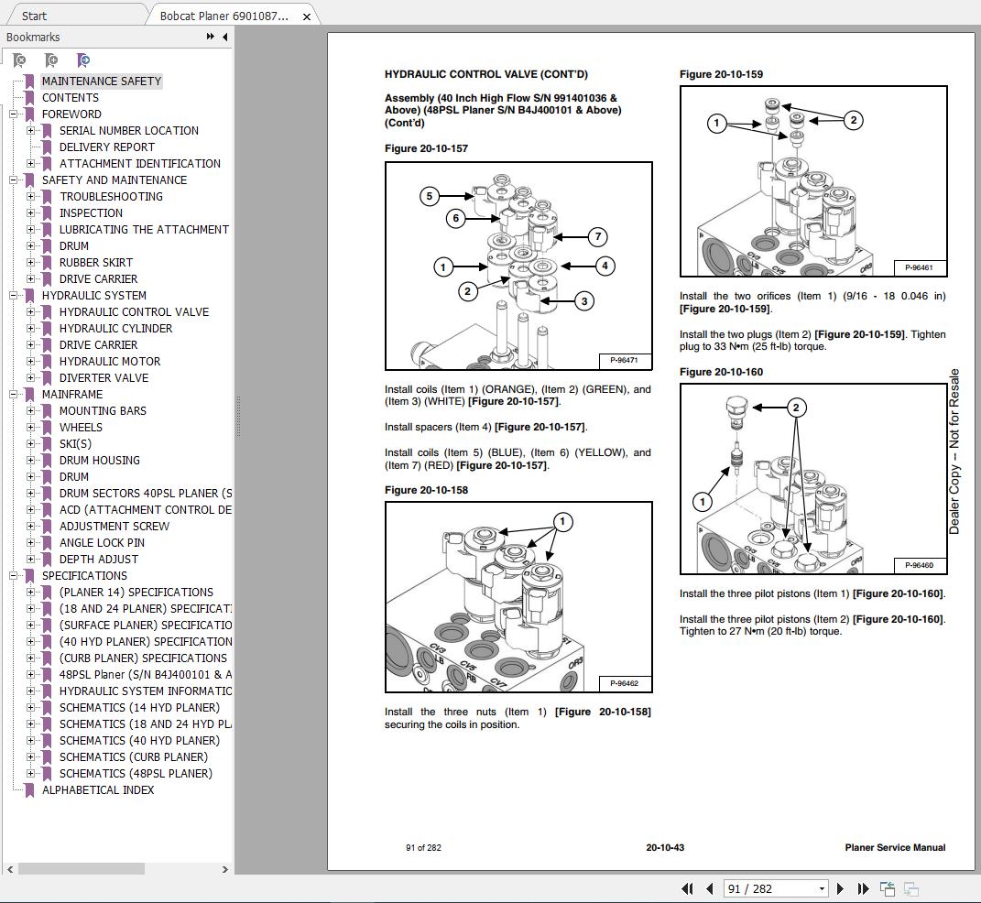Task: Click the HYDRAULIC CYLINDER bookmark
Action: (115, 329)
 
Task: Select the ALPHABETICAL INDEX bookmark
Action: (98, 790)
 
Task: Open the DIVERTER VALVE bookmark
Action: (104, 378)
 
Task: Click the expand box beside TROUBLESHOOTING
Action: (31, 197)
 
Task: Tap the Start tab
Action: (35, 16)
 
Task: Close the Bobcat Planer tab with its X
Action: (307, 16)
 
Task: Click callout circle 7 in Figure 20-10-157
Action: (597, 237)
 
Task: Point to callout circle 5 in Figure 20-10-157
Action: (430, 196)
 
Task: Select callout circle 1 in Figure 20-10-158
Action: (562, 522)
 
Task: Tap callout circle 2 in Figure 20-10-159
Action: (854, 120)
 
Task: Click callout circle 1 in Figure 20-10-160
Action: (703, 501)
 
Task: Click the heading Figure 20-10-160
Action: (721, 372)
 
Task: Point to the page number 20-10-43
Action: (665, 847)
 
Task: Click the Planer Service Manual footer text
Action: (895, 847)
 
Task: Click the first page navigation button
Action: (687, 888)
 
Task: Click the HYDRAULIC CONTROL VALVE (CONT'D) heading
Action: (485, 74)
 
